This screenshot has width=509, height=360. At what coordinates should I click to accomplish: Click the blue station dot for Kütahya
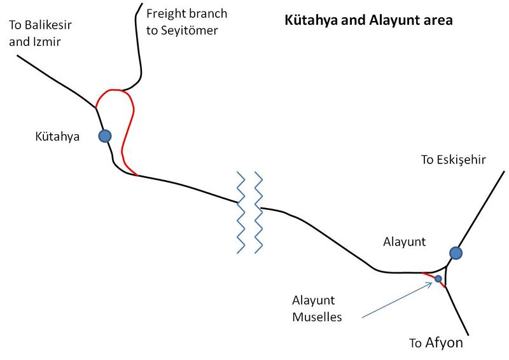click(x=105, y=135)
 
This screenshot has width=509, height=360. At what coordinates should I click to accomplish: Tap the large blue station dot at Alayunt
click(x=456, y=253)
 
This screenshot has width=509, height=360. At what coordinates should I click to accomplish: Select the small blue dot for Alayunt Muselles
click(x=438, y=279)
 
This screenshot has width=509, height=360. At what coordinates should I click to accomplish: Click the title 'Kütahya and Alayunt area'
click(x=368, y=20)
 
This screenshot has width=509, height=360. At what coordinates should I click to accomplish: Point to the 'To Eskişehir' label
click(x=453, y=160)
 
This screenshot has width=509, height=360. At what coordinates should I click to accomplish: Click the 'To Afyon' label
click(x=436, y=343)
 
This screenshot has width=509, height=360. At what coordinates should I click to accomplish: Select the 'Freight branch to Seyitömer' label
click(x=186, y=21)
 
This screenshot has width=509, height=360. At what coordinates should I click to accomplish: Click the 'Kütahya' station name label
click(x=57, y=135)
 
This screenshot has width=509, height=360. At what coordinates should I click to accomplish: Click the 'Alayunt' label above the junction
click(x=404, y=242)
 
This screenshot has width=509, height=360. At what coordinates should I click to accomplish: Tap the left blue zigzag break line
click(x=241, y=212)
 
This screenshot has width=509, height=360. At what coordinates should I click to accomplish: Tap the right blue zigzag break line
click(x=258, y=212)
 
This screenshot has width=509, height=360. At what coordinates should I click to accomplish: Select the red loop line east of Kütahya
click(x=125, y=134)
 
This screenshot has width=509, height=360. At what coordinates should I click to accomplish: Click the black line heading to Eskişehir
click(x=484, y=211)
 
